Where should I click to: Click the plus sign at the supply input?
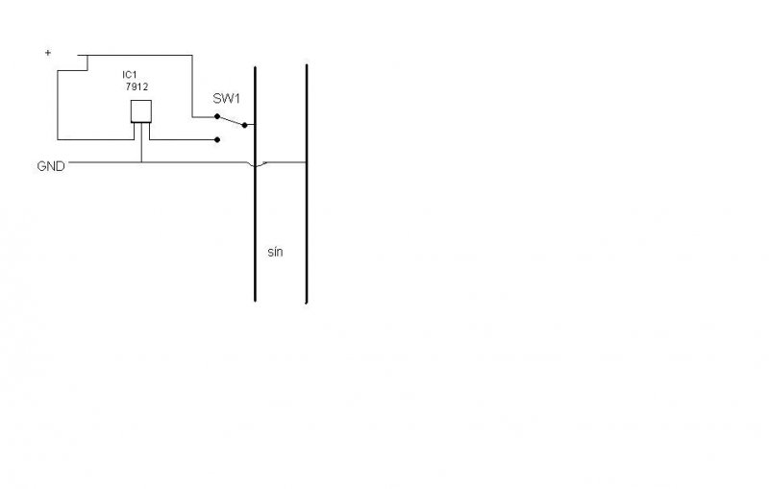48,54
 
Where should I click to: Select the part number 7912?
137,86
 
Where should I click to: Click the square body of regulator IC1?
141,110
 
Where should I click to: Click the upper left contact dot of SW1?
218,116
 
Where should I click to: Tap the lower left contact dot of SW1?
218,139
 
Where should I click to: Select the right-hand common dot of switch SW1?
245,125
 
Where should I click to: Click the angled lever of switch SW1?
232,120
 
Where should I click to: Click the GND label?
50,166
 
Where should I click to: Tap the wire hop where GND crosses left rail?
255,166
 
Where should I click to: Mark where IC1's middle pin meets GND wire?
141,162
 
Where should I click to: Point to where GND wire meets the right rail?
306,162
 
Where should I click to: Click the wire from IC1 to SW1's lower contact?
183,139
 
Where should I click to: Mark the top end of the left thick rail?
255,67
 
